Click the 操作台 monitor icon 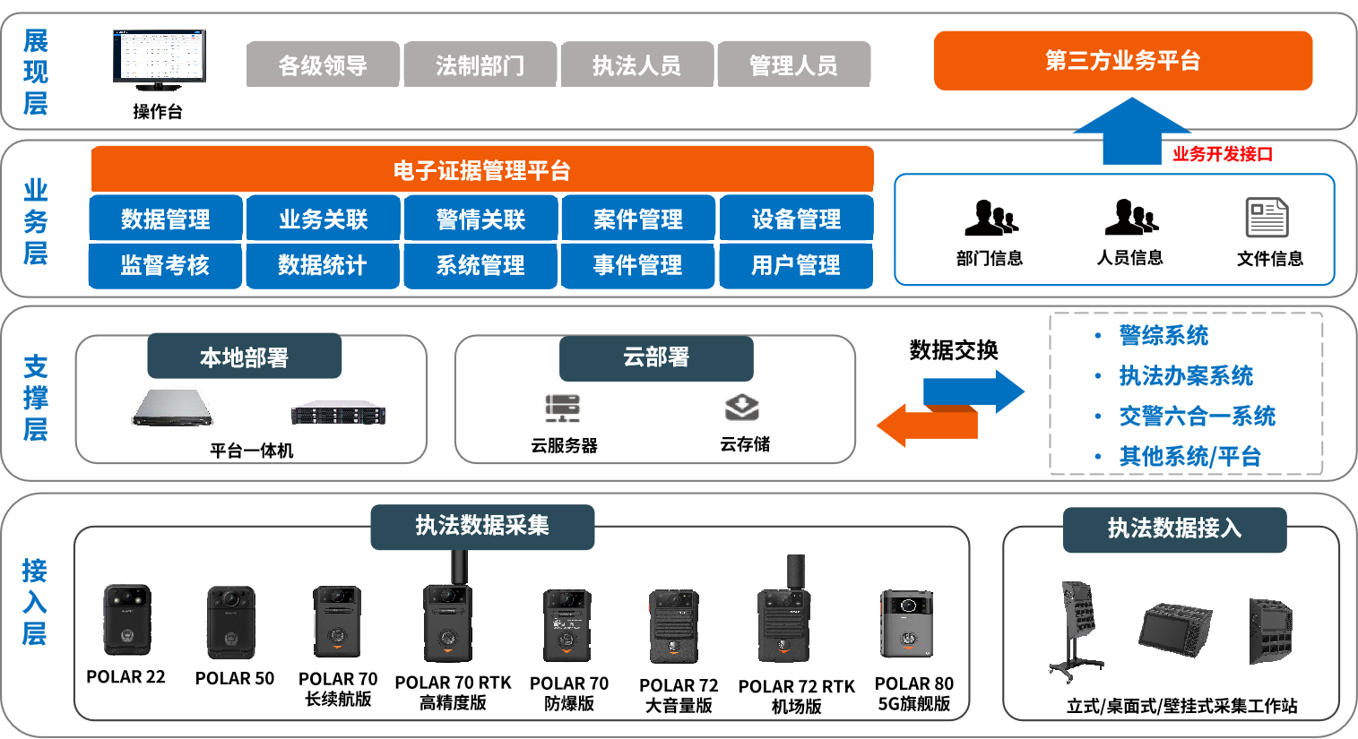(x=159, y=59)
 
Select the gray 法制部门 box (x=480, y=64)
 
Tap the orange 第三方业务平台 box (x=1122, y=61)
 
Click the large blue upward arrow (x=1131, y=133)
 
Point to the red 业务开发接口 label (x=1223, y=154)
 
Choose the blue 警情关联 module (x=481, y=219)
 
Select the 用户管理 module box (x=796, y=265)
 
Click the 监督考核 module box (x=165, y=265)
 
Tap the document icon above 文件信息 (x=1267, y=218)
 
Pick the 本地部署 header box (x=244, y=357)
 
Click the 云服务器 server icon (x=563, y=408)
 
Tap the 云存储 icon (x=742, y=408)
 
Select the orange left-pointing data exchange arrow (x=923, y=425)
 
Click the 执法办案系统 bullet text (x=1186, y=376)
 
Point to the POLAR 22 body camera (x=127, y=620)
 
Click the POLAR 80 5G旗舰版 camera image (x=907, y=623)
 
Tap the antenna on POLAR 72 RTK (x=796, y=571)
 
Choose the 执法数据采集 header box (x=482, y=526)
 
